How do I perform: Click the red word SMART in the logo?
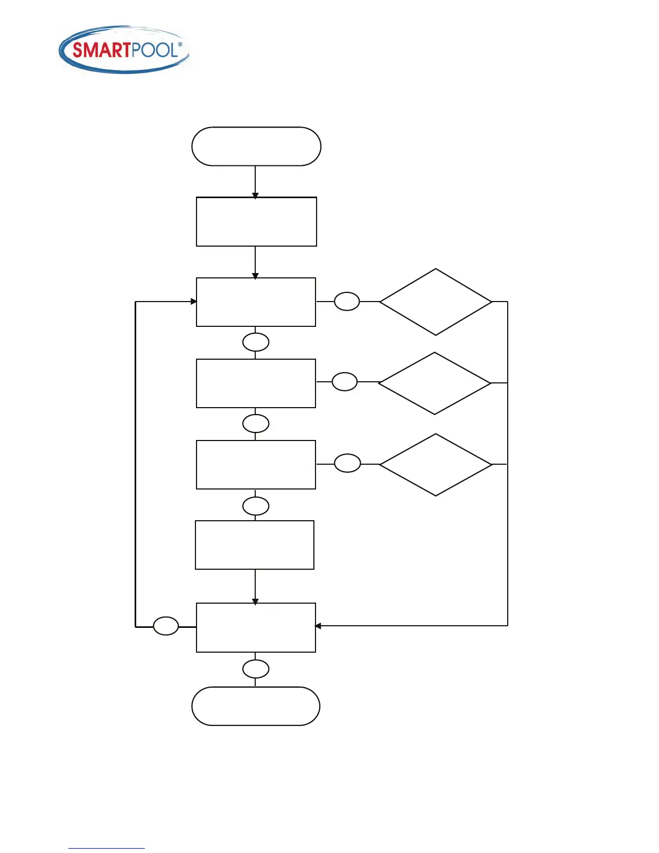coord(101,50)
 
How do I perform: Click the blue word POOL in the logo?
coord(155,50)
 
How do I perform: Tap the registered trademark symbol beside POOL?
coord(180,45)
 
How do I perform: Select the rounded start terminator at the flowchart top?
coord(256,146)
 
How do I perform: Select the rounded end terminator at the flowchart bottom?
coord(256,706)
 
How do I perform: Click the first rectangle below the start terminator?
coord(256,222)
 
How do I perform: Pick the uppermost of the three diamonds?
coord(436,302)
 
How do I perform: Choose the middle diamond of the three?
coord(435,383)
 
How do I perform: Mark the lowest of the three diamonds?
coord(436,465)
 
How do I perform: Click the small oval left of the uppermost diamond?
coord(347,302)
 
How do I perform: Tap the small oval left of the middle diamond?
coord(345,382)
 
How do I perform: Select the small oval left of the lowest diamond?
coord(347,463)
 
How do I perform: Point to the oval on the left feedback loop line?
coord(166,626)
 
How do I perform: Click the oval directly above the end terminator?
coord(256,669)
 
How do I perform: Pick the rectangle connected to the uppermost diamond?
coord(256,302)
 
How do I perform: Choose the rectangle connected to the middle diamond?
coord(256,383)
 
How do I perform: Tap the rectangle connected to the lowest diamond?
coord(256,465)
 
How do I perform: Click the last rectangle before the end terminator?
coord(256,628)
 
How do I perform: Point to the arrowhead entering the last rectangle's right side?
coord(318,626)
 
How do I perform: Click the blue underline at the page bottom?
coord(107,849)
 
